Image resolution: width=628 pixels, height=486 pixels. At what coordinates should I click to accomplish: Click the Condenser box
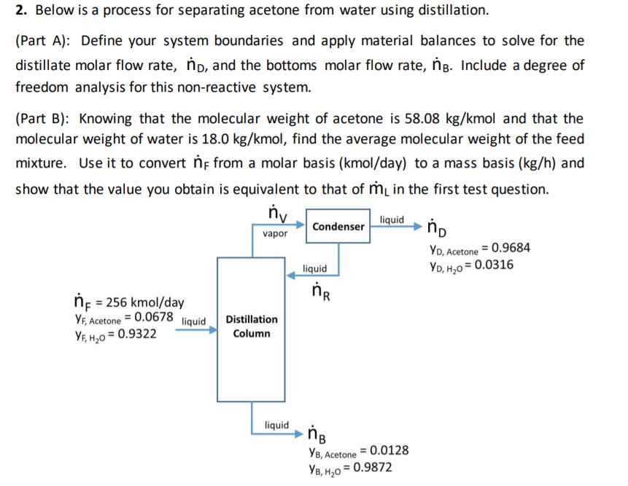pyautogui.click(x=338, y=227)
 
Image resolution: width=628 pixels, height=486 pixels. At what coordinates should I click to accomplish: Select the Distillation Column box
pyautogui.click(x=252, y=326)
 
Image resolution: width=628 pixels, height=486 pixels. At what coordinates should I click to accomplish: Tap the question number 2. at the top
pyautogui.click(x=20, y=11)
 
